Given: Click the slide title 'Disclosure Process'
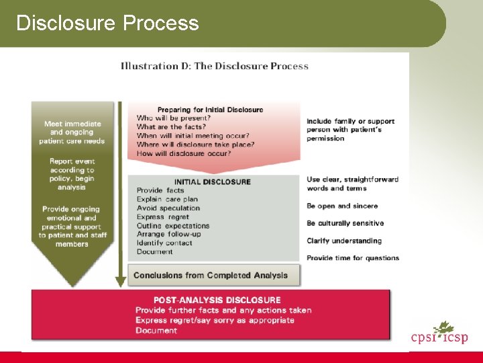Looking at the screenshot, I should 107,24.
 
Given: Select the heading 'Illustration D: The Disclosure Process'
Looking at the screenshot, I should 215,66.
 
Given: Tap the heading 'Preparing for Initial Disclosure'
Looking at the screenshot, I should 210,110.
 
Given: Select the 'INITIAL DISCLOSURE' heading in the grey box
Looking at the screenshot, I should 212,182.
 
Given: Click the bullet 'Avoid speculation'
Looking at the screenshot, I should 168,208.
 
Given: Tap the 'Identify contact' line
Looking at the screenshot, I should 165,243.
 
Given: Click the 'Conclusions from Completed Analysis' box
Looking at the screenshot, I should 211,275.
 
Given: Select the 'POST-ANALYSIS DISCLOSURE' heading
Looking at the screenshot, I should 217,300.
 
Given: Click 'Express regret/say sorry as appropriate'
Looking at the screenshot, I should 215,321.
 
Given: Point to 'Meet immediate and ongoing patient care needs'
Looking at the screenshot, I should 72,132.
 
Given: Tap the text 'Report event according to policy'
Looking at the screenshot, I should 72,175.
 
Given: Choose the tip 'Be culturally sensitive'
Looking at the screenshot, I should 345,223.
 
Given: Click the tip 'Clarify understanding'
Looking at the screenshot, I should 344,241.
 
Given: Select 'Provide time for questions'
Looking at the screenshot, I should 353,258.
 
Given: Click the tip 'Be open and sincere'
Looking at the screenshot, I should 342,206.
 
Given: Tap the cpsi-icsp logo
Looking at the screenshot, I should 439,334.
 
